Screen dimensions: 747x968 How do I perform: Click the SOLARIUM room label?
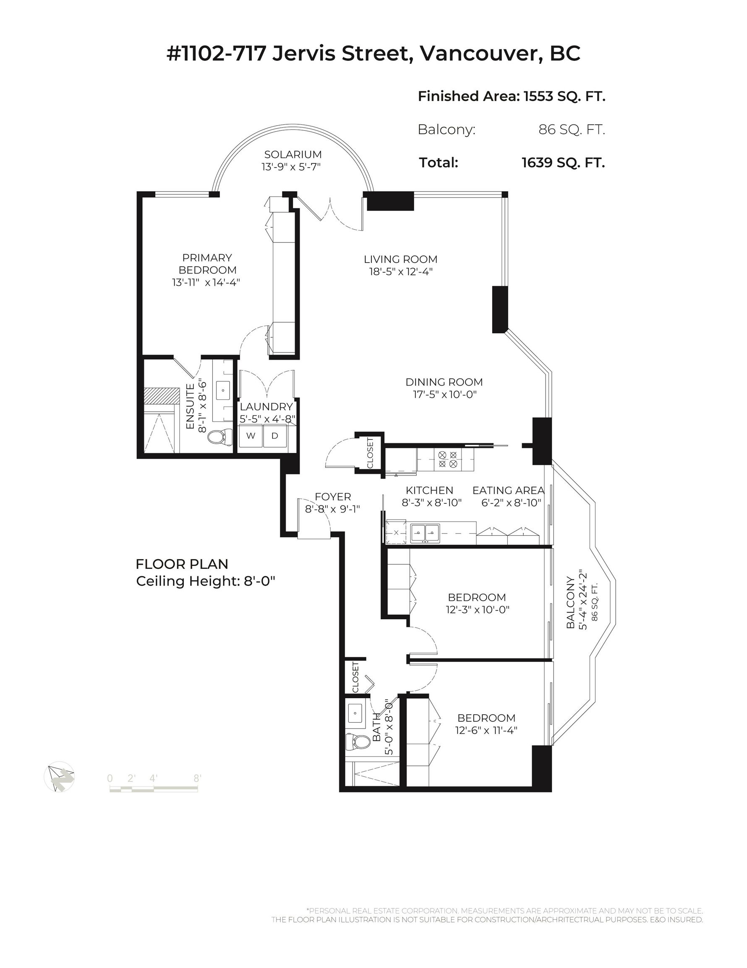click(293, 154)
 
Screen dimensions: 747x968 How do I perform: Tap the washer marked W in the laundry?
click(251, 436)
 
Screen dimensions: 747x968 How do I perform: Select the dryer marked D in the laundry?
click(275, 436)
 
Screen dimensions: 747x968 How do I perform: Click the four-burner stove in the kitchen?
click(448, 459)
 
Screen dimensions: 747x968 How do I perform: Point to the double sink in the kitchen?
click(425, 532)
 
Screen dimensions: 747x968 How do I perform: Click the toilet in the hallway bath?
click(358, 742)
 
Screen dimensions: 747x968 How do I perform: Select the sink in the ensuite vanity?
click(223, 390)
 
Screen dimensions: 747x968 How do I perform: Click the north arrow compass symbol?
click(60, 776)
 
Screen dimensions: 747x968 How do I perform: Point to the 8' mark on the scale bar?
click(198, 778)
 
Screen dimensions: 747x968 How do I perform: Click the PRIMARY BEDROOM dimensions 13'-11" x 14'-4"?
click(206, 282)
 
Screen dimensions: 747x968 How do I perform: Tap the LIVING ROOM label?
click(400, 259)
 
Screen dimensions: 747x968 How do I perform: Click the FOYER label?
click(332, 497)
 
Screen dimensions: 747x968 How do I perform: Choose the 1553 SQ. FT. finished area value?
click(564, 96)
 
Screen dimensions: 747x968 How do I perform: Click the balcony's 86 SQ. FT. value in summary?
click(572, 129)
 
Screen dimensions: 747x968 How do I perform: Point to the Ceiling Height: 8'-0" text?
click(206, 581)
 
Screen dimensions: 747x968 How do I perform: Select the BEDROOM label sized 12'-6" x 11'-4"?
click(486, 718)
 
